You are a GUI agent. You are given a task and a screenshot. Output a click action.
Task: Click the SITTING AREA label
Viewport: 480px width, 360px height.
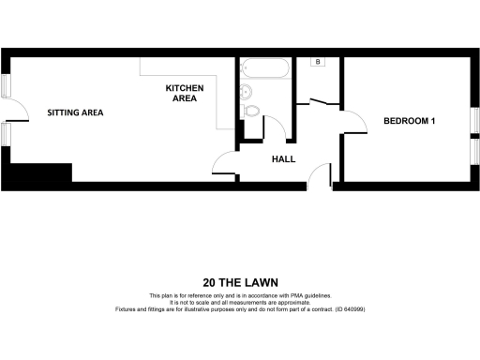pos(75,112)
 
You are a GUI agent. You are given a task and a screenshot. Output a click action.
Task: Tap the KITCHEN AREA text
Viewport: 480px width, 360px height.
pos(185,93)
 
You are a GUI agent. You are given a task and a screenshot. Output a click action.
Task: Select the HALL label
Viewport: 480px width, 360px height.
pos(283,158)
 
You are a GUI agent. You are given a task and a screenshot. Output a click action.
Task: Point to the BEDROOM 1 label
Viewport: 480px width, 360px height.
pos(411,121)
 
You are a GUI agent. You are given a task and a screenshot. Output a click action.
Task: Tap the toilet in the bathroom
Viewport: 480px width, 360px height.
pos(251,112)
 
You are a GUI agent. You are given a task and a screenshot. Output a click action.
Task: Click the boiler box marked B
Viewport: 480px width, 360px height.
pos(319,62)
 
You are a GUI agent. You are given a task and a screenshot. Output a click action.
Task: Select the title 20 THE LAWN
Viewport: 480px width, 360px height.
pos(239,281)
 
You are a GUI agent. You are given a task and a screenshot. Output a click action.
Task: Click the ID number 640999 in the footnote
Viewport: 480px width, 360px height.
pos(352,308)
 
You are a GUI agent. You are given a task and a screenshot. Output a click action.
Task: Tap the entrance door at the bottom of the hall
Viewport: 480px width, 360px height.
pos(320,175)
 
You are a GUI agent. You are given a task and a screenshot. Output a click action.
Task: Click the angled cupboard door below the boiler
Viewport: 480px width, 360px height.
pos(319,99)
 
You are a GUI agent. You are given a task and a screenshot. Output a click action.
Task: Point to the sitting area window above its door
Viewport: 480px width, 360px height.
pos(7,85)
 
